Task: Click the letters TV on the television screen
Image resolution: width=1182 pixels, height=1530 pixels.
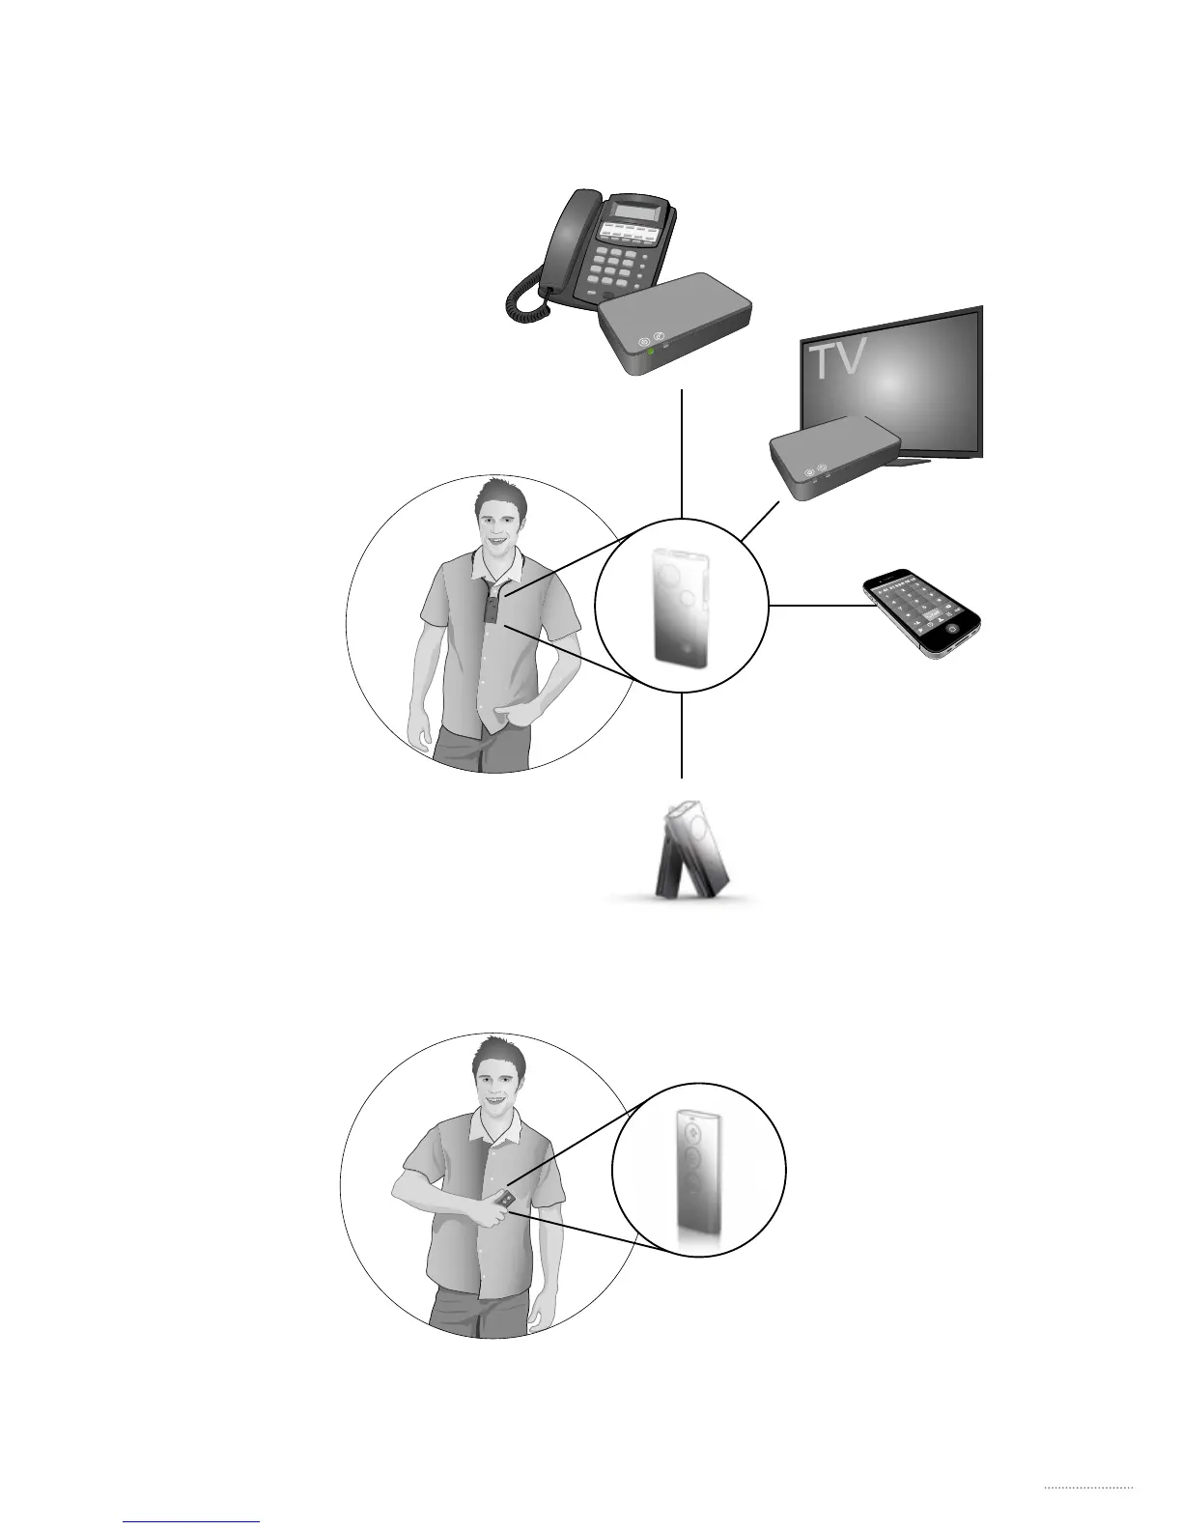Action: (x=837, y=360)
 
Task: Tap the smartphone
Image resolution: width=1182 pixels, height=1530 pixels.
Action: (x=921, y=612)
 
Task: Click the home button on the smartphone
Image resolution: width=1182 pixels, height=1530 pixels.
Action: (x=953, y=628)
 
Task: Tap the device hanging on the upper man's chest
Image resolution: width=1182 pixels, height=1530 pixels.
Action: (x=492, y=608)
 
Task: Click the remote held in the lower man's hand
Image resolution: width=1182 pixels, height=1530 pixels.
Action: (x=505, y=1200)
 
